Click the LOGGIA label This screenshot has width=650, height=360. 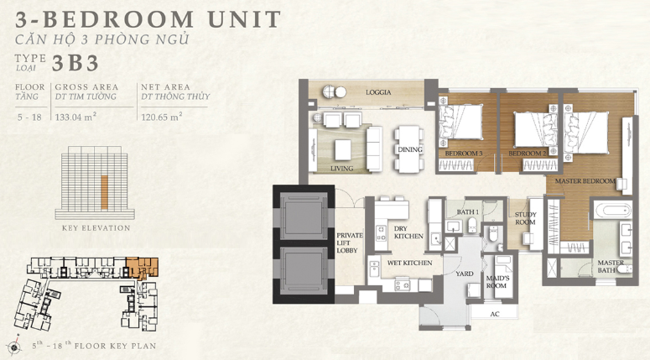pyautogui.click(x=378, y=92)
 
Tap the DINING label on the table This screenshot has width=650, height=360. pyautogui.click(x=410, y=149)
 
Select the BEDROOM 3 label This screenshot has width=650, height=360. pyautogui.click(x=464, y=154)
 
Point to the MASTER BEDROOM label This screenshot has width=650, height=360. pyautogui.click(x=585, y=181)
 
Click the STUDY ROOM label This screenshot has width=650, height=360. pyautogui.click(x=525, y=218)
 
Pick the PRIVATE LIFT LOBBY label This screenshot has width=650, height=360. pyautogui.click(x=350, y=243)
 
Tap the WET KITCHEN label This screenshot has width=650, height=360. pyautogui.click(x=409, y=263)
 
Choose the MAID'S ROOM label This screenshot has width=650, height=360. pyautogui.click(x=497, y=282)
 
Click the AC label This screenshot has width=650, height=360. pyautogui.click(x=495, y=314)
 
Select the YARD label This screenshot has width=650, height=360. pyautogui.click(x=465, y=274)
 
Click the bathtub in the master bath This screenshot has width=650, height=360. pyautogui.click(x=612, y=210)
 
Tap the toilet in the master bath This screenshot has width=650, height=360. pyautogui.click(x=625, y=269)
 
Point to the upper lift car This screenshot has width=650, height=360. pyautogui.click(x=304, y=216)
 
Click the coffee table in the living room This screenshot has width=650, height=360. pyautogui.click(x=342, y=149)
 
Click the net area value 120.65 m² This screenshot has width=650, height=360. pyautogui.click(x=162, y=117)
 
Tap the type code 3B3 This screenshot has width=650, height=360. pyautogui.click(x=75, y=63)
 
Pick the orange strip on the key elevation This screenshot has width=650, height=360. pyautogui.click(x=105, y=192)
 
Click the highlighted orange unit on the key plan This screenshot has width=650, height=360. pyautogui.click(x=143, y=268)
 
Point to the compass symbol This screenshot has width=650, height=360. pyautogui.click(x=14, y=347)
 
